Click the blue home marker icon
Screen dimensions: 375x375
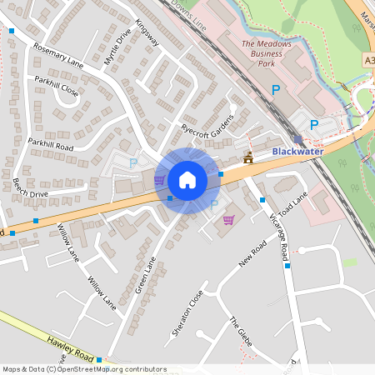coord(187,180)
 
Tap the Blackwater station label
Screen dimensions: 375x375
coord(297,152)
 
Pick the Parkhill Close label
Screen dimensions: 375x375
coord(57,87)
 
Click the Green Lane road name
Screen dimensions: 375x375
coord(146,275)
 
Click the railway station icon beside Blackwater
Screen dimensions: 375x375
coord(298,139)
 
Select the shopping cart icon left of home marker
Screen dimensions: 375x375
coord(158,179)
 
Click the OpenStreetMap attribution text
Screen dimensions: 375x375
coord(84,369)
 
